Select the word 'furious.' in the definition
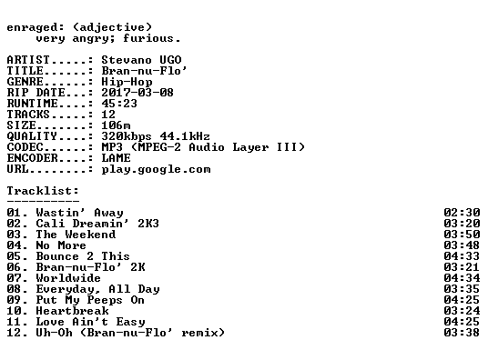click(151, 38)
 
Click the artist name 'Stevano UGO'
click(142, 60)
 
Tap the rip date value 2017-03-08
click(137, 93)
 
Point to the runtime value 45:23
click(119, 104)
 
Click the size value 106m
click(116, 125)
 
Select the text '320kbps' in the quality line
click(127, 136)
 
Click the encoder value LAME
click(116, 158)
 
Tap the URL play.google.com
click(156, 169)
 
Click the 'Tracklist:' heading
click(43, 191)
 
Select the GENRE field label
click(25, 82)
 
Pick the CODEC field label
click(25, 147)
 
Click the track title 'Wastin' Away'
click(80, 213)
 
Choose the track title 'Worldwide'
click(68, 278)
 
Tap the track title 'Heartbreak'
click(72, 311)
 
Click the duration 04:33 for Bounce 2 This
click(462, 256)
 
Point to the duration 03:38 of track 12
click(462, 333)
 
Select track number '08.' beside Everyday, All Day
click(17, 289)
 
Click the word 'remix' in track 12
click(199, 333)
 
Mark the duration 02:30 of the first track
click(462, 213)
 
